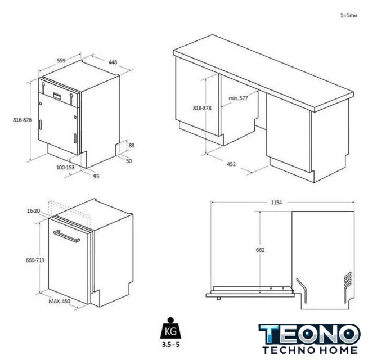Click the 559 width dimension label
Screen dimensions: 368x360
[x=61, y=61]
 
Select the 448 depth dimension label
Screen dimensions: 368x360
[x=113, y=62]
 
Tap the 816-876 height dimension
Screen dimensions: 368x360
[x=23, y=120]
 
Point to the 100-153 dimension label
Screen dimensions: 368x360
[x=65, y=167]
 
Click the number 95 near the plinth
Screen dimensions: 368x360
[x=96, y=176]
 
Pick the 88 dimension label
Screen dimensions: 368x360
[x=132, y=146]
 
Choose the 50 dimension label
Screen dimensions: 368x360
[x=129, y=161]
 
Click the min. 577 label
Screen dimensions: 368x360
[x=238, y=98]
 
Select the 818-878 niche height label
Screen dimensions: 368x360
[x=202, y=108]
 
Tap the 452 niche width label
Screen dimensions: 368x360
[x=231, y=164]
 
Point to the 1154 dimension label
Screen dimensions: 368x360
[x=276, y=202]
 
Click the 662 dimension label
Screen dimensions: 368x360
[x=260, y=250]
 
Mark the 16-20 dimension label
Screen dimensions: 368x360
[x=34, y=211]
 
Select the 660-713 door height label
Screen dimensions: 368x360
[x=35, y=260]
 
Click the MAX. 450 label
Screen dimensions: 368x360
[x=60, y=301]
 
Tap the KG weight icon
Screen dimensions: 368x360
[x=170, y=328]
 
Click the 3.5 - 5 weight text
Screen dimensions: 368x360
[x=170, y=345]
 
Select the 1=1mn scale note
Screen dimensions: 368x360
[x=348, y=16]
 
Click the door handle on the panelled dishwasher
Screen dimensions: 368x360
[x=66, y=236]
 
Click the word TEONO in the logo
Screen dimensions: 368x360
[x=309, y=335]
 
